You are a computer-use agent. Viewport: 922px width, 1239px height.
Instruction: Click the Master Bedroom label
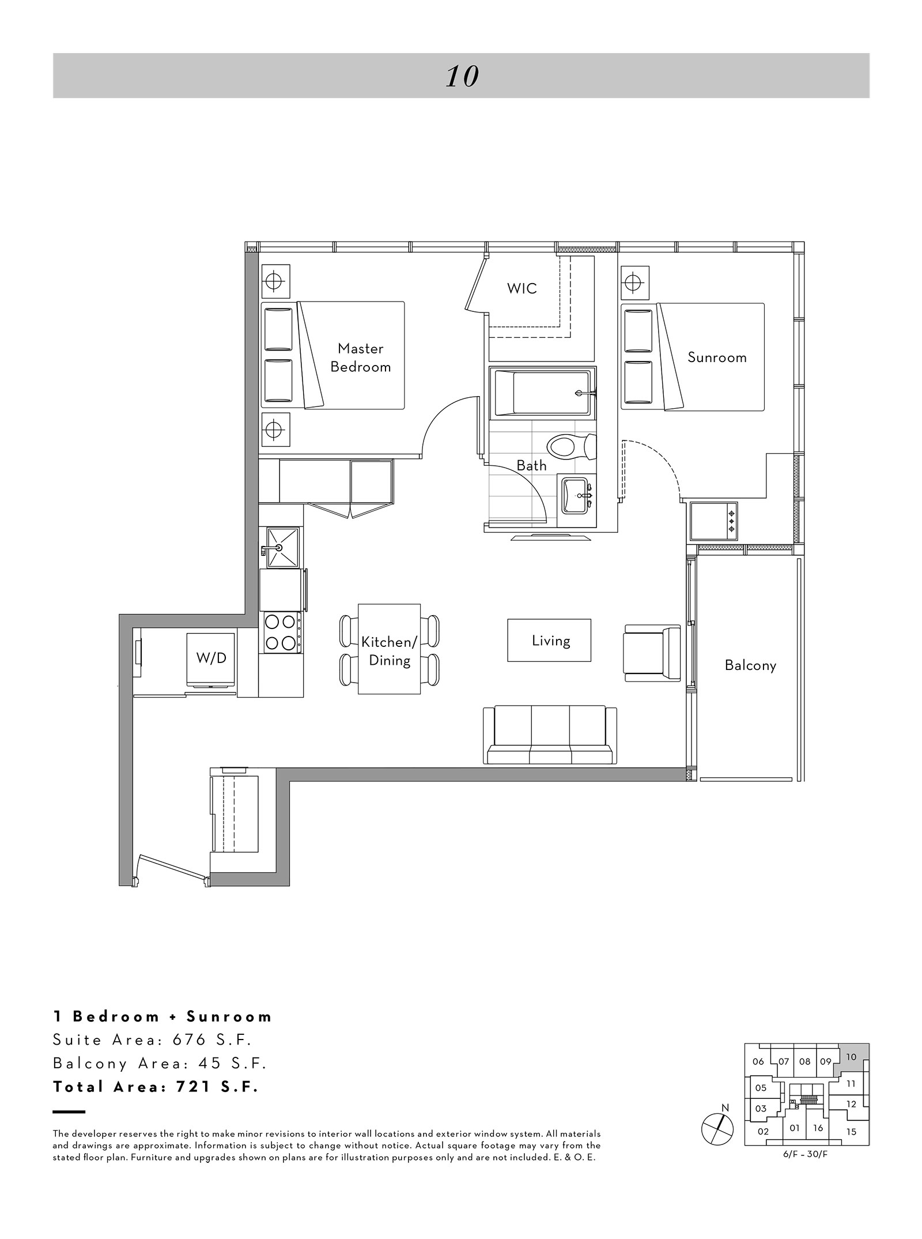click(361, 357)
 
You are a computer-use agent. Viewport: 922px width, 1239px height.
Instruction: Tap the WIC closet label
click(522, 288)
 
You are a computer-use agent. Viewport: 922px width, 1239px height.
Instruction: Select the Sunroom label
click(717, 357)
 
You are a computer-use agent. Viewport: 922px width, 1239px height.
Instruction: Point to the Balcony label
click(750, 665)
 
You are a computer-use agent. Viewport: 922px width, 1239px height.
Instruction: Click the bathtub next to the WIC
click(542, 392)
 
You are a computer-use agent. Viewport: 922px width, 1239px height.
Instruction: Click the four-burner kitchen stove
click(281, 632)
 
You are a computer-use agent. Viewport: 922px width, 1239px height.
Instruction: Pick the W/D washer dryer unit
click(211, 661)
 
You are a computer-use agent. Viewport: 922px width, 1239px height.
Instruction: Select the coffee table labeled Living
click(549, 640)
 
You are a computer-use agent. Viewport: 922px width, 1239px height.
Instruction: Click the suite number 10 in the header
click(462, 77)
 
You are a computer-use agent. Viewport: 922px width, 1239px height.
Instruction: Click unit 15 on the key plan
click(852, 1132)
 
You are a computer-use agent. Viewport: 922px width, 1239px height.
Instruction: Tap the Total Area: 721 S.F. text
click(156, 1087)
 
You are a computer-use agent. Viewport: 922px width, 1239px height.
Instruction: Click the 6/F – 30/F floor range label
click(807, 1155)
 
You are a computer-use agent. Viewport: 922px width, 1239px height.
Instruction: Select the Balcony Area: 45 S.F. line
click(160, 1063)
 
